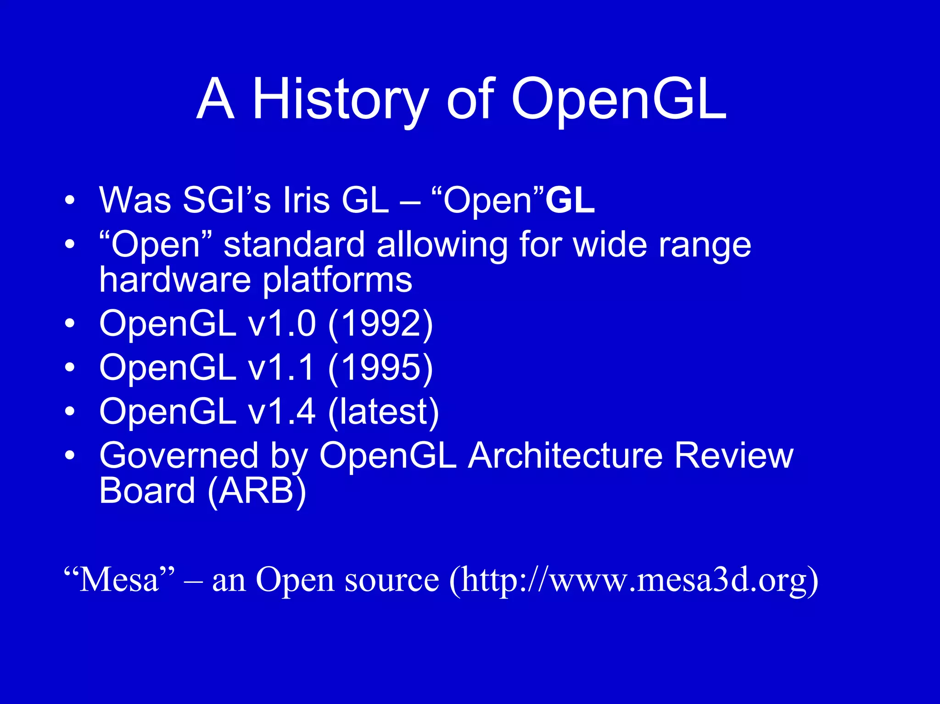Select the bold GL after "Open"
point(570,201)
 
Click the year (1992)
point(380,324)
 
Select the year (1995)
point(380,368)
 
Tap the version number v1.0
point(282,324)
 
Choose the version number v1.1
point(282,368)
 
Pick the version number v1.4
point(282,412)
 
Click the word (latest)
point(384,412)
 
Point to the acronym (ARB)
point(257,491)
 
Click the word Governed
point(179,456)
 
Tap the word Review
point(734,456)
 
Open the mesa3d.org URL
point(633,580)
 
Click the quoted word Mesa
point(119,580)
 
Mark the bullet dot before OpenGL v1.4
point(69,412)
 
